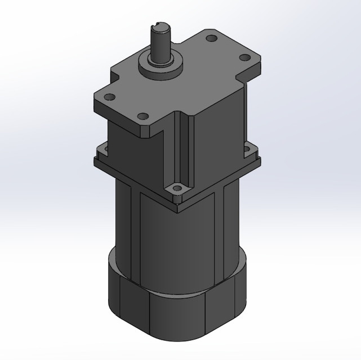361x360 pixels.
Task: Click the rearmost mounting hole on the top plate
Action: [x=211, y=39]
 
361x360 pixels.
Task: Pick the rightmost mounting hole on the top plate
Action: [x=245, y=57]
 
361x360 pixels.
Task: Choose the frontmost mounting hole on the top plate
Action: [x=143, y=116]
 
